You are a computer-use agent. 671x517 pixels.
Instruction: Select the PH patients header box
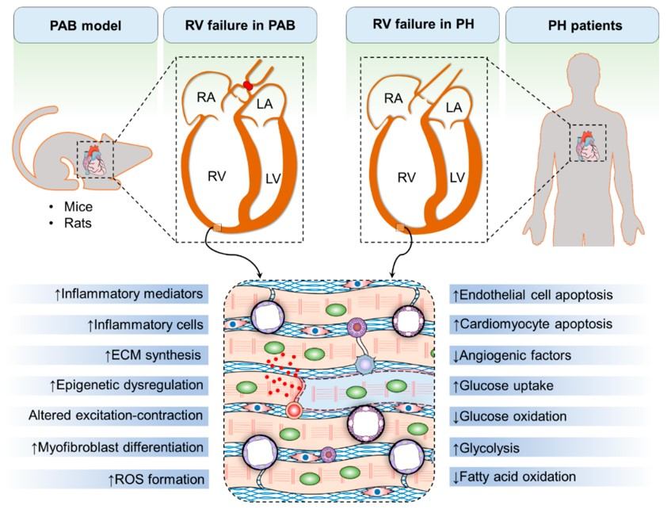(x=585, y=25)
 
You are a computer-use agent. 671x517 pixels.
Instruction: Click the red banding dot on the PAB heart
(x=248, y=85)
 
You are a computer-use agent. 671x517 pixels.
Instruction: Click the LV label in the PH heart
(x=456, y=178)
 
